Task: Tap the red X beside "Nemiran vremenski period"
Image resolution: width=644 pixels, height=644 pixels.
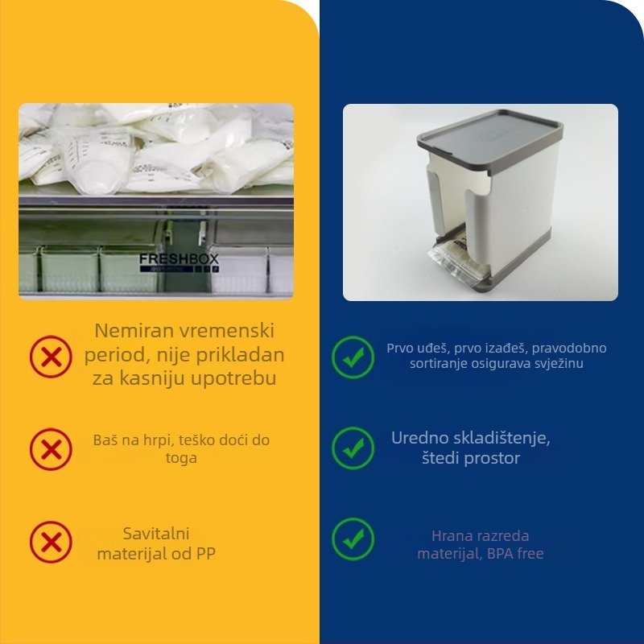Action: coord(51,355)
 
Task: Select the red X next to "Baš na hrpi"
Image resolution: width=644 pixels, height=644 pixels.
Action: coord(51,448)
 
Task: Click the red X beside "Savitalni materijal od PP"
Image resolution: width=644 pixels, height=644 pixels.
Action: coord(51,542)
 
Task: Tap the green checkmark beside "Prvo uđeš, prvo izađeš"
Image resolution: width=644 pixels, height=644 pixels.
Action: coord(353,356)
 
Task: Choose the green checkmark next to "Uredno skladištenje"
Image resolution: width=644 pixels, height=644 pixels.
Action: coord(353,448)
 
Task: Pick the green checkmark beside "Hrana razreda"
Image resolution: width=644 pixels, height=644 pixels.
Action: coord(353,539)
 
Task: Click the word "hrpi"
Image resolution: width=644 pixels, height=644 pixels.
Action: coord(171,440)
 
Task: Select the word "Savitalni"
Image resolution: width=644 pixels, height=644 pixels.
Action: coord(156,534)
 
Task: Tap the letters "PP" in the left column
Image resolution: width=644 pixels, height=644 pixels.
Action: coord(204,553)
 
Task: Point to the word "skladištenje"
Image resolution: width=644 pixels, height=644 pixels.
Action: coord(505,439)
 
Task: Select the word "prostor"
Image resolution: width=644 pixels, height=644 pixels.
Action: coord(492,458)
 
